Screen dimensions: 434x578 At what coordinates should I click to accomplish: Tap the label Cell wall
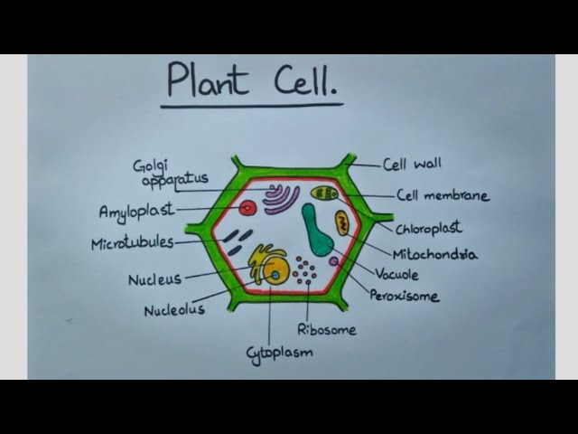(412, 165)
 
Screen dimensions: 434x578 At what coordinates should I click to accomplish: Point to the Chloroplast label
(428, 229)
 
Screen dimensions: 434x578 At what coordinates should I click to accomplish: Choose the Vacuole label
(396, 273)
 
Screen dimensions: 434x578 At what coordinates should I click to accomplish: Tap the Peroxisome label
(404, 296)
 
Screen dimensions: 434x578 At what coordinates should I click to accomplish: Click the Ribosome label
(326, 329)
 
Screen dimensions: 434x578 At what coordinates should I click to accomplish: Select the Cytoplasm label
(279, 353)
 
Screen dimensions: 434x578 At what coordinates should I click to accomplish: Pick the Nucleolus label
(174, 309)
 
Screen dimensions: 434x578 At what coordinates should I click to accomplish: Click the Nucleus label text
(154, 279)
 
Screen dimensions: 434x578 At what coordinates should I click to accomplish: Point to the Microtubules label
(132, 244)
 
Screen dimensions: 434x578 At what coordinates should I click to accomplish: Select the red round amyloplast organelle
(247, 209)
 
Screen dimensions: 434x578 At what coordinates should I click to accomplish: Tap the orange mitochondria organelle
(342, 223)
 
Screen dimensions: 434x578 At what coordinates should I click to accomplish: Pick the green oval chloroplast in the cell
(325, 193)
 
